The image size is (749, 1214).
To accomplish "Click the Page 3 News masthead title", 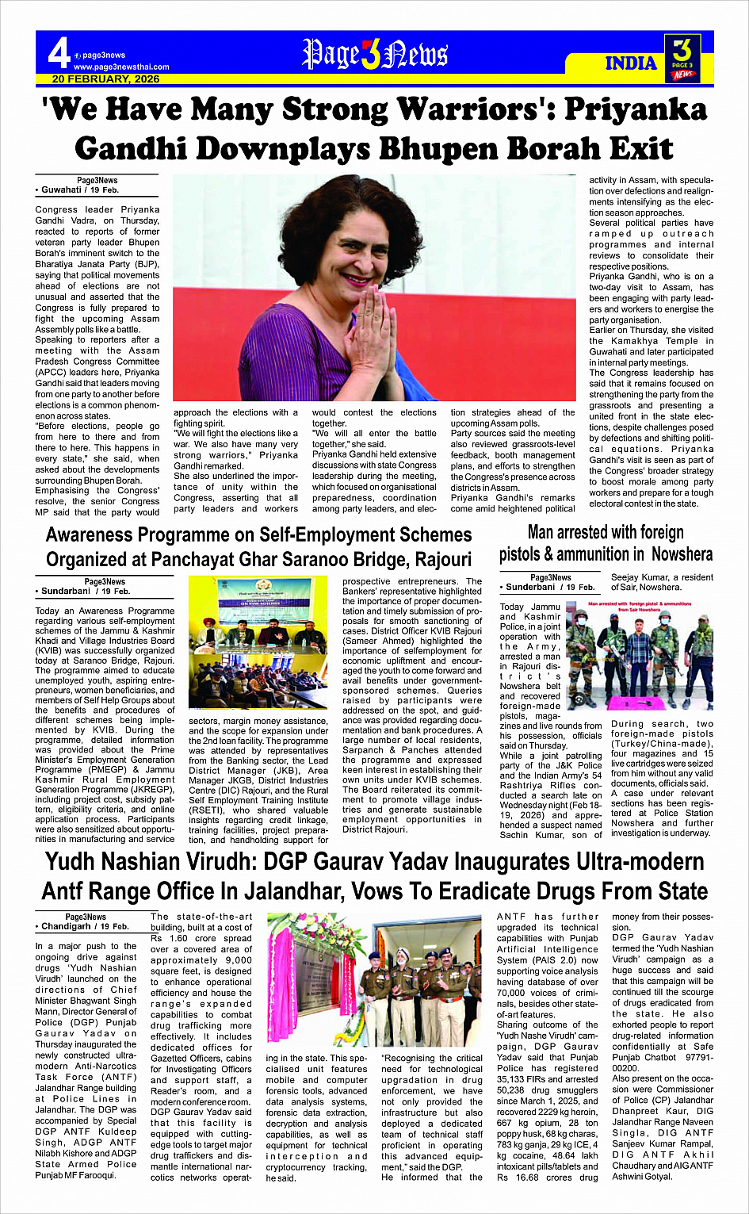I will pyautogui.click(x=375, y=55).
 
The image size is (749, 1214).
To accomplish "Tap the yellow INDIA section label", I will pyautogui.click(x=631, y=63).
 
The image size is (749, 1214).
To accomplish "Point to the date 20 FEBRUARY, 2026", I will pyautogui.click(x=105, y=79).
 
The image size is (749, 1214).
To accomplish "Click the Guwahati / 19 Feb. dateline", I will pyautogui.click(x=77, y=190).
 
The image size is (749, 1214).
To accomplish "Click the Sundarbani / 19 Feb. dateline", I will pyautogui.click(x=82, y=592).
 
